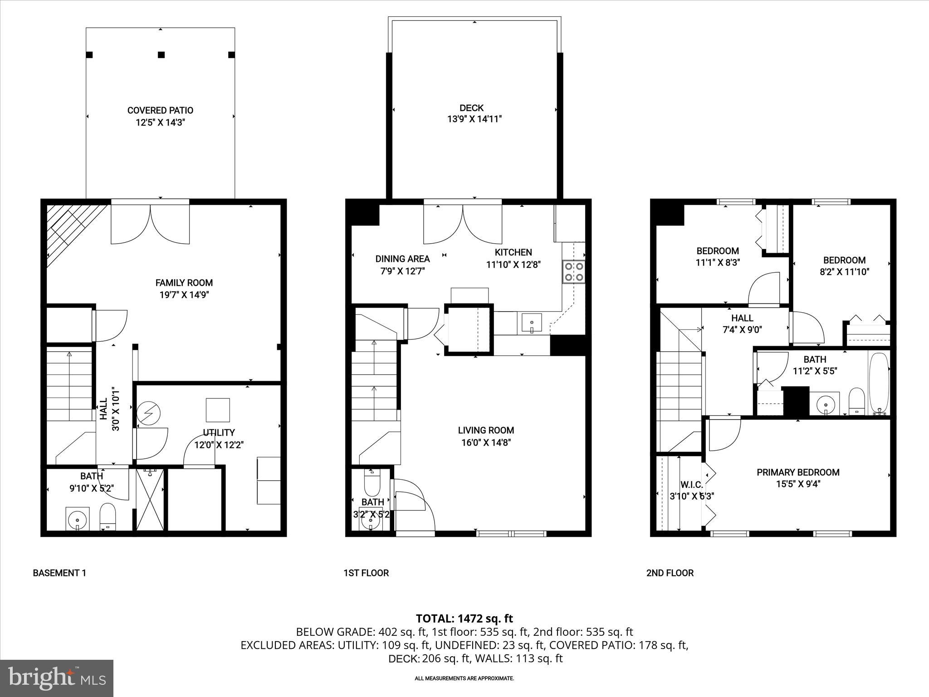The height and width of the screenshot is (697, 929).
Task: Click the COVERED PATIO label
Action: (x=160, y=110)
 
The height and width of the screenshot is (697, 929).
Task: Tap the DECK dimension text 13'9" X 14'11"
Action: (x=474, y=119)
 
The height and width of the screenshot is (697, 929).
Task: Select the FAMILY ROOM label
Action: (x=184, y=283)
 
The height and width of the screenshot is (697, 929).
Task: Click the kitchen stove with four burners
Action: (x=573, y=271)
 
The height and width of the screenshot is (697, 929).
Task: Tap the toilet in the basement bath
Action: (x=108, y=516)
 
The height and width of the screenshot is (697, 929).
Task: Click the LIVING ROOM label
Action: (x=486, y=430)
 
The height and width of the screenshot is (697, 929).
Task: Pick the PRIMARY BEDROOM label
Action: (x=798, y=472)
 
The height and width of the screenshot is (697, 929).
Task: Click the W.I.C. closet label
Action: (x=691, y=485)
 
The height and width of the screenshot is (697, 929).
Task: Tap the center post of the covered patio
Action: (x=161, y=55)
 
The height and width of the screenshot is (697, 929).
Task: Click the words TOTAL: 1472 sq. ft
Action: (x=464, y=618)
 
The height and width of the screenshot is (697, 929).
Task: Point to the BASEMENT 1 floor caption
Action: (x=59, y=573)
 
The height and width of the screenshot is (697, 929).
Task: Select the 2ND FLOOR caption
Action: (x=670, y=573)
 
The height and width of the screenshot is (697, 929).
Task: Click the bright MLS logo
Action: (x=57, y=678)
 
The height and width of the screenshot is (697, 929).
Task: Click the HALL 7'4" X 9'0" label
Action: (x=742, y=324)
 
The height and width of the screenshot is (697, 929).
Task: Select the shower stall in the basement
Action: (x=150, y=499)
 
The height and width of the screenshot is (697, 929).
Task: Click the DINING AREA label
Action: (x=402, y=259)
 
